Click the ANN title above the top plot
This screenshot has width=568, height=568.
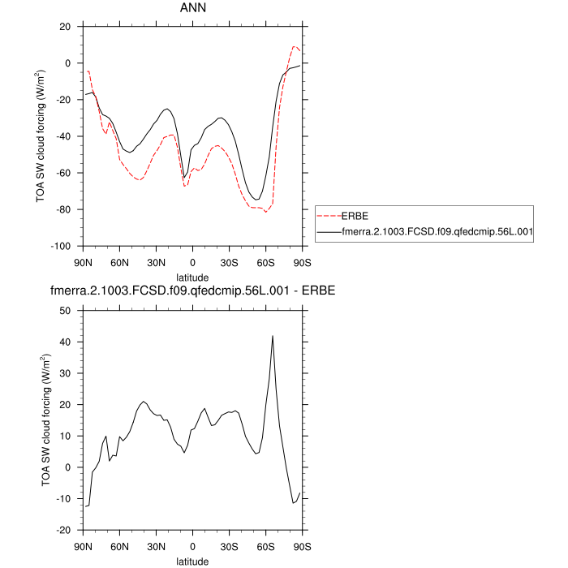(x=192, y=8)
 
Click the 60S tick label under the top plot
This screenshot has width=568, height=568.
(x=265, y=262)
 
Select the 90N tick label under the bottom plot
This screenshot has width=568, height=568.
(x=83, y=546)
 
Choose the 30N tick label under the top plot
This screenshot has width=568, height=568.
(x=156, y=262)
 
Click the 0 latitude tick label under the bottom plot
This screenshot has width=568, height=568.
(x=192, y=546)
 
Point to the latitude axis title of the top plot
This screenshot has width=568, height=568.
(x=192, y=277)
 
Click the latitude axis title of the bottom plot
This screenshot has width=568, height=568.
(x=192, y=561)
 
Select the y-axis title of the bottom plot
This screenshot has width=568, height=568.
(x=47, y=420)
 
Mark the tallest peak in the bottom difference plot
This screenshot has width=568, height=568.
(x=273, y=336)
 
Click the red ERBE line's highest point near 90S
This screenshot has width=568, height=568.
(x=295, y=46)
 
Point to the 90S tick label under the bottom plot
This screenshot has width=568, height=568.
(x=302, y=546)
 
